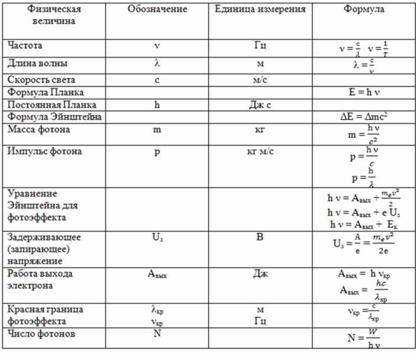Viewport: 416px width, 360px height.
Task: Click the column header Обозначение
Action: [157, 10]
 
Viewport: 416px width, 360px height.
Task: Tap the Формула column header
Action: [363, 10]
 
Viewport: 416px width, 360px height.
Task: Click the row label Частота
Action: [25, 45]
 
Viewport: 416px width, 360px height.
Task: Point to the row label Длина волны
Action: [35, 62]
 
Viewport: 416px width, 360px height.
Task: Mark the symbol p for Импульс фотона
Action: [157, 151]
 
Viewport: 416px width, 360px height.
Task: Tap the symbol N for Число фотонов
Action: [157, 333]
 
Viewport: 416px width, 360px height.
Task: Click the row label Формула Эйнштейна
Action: [46, 117]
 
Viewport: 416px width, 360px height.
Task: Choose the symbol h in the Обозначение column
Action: [157, 105]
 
